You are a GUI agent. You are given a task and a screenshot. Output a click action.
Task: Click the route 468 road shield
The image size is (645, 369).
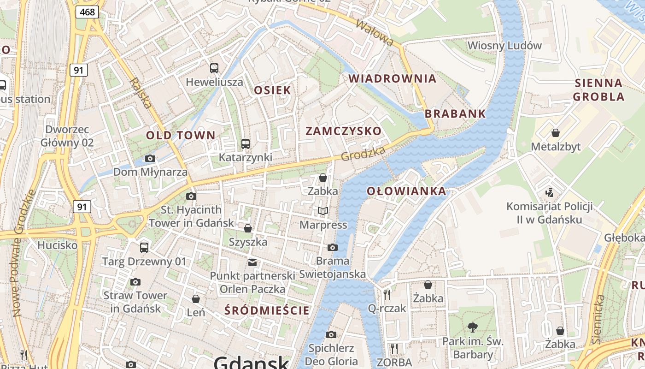click(x=87, y=12)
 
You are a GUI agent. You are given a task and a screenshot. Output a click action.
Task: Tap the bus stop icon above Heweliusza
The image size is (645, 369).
click(x=214, y=68)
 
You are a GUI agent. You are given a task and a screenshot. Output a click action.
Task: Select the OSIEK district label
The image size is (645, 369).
click(x=273, y=90)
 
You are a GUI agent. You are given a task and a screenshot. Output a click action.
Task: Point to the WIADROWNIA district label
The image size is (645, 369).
click(x=393, y=78)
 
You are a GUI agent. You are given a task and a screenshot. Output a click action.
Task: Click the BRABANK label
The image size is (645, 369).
click(x=455, y=113)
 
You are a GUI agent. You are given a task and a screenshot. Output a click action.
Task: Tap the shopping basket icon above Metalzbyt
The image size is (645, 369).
click(x=556, y=133)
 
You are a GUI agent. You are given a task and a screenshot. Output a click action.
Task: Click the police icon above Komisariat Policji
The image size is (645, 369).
click(x=549, y=192)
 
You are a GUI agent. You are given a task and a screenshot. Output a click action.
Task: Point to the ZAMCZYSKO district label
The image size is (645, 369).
click(x=344, y=131)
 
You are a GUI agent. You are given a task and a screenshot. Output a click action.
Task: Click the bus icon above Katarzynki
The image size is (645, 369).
click(x=246, y=144)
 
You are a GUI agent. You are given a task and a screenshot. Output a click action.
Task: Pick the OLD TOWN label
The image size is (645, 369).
click(x=181, y=135)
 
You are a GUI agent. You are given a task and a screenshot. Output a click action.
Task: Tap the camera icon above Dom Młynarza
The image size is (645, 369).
click(x=150, y=159)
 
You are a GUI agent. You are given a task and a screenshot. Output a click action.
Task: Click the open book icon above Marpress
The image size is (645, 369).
click(x=323, y=211)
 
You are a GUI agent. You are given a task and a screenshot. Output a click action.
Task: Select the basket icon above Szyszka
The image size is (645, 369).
click(x=248, y=228)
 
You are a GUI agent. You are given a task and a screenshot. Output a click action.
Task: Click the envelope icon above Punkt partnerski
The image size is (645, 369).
click(x=252, y=262)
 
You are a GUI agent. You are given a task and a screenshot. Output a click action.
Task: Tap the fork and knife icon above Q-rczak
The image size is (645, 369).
click(x=387, y=294)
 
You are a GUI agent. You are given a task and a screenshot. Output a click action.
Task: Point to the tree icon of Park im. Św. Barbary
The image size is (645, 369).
click(x=472, y=327)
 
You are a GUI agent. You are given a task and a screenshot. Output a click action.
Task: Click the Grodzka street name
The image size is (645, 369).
click(x=363, y=154)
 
